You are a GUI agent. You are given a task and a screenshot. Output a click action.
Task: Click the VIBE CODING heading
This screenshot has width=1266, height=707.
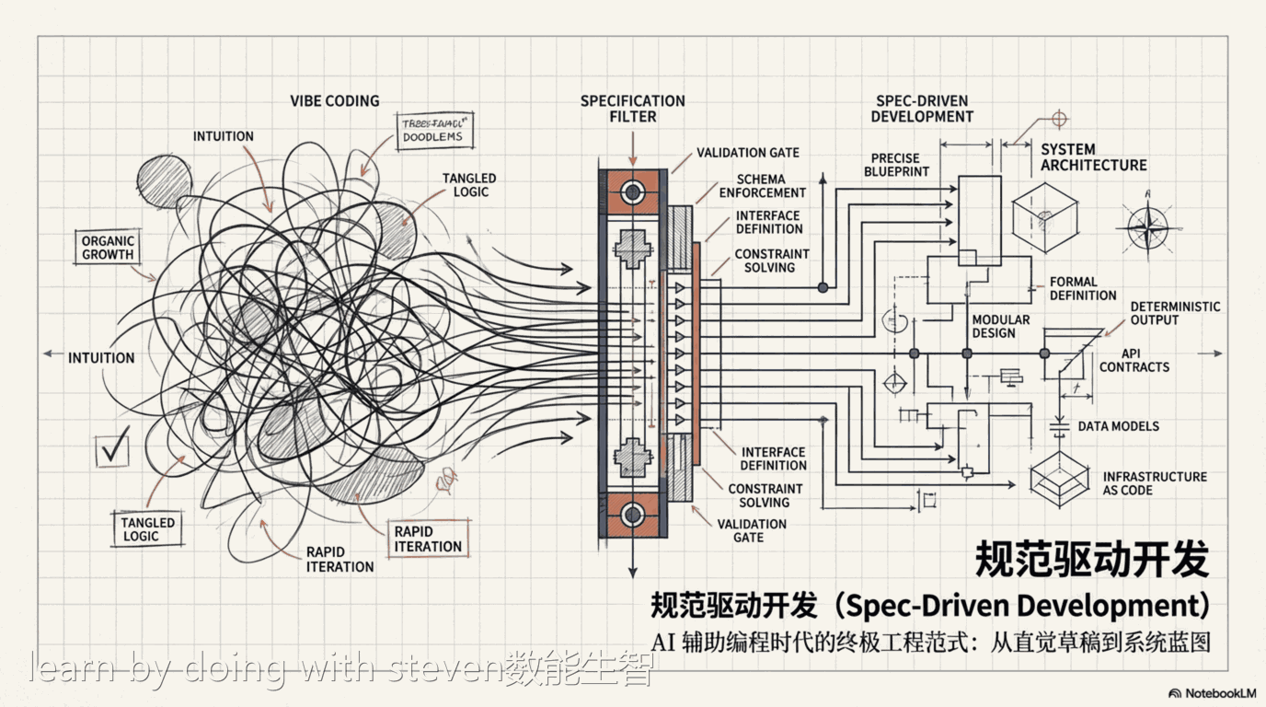coord(334,101)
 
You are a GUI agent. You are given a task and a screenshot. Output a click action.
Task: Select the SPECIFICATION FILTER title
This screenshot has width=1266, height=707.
coord(632,109)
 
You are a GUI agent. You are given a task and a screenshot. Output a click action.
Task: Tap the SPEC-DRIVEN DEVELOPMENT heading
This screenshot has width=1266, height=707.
coord(922,109)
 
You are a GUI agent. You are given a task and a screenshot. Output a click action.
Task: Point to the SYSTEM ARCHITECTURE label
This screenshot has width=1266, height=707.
coord(1093,157)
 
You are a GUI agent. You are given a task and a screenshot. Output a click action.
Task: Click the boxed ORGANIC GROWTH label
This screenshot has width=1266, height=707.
coord(108,248)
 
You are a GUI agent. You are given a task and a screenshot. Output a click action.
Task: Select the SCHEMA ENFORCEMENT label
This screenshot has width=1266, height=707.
coord(762,186)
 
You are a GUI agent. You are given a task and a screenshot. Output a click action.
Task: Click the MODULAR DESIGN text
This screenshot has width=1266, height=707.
coord(1000,326)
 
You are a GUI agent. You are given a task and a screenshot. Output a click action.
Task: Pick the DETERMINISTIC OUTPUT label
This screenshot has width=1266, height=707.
coord(1175,313)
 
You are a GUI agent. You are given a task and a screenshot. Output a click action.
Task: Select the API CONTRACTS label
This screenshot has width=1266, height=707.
coord(1134,360)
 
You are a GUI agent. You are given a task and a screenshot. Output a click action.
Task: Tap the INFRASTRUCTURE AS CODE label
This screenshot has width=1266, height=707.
coord(1154,483)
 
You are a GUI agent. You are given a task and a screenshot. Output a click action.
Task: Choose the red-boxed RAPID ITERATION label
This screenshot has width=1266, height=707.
coord(428,539)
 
